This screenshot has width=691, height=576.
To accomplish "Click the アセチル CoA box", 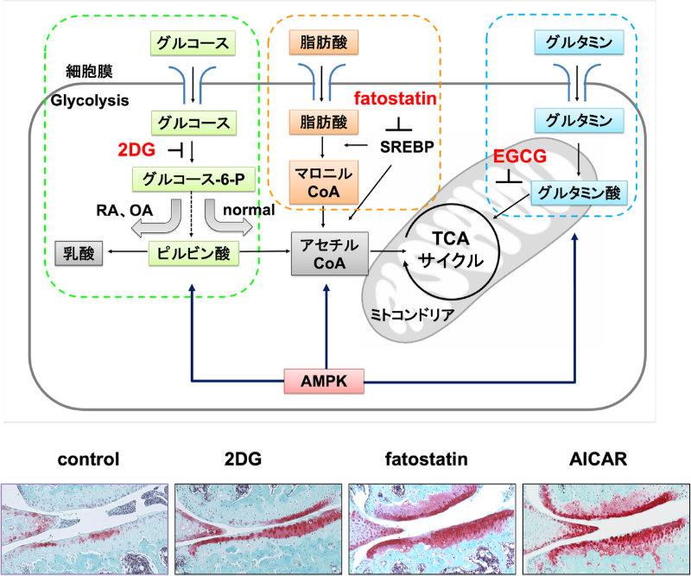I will (x=326, y=252).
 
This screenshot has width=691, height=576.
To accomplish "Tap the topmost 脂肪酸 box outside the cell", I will (x=326, y=41).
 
